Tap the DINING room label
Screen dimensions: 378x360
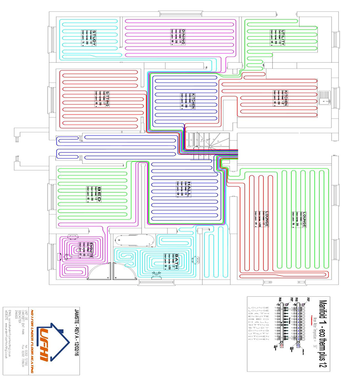(184, 37)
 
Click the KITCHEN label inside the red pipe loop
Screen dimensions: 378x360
(286, 98)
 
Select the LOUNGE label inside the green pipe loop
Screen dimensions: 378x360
(304, 220)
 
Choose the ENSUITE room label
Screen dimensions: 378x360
(91, 250)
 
